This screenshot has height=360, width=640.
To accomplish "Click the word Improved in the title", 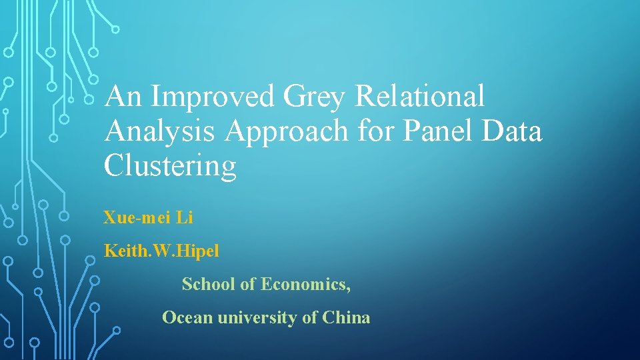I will [x=213, y=97].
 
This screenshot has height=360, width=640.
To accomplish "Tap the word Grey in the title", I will [x=315, y=97].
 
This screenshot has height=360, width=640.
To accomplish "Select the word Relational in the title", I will [x=420, y=97].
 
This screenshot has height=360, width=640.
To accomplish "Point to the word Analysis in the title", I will [x=159, y=131].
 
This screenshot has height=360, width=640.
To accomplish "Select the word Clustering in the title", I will [x=170, y=165].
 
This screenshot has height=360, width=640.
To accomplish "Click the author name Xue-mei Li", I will [x=148, y=217].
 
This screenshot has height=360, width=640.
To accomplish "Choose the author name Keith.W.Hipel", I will [x=161, y=251].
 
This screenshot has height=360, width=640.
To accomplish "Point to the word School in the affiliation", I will [x=208, y=285].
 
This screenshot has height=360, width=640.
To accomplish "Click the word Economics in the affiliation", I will [x=305, y=285].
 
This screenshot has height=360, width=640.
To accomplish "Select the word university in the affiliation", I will [x=255, y=318].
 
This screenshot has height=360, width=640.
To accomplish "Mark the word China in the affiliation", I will [x=346, y=318].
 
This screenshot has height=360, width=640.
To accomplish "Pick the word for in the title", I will [x=375, y=131].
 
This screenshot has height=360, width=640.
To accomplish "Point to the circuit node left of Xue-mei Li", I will [x=64, y=216].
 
